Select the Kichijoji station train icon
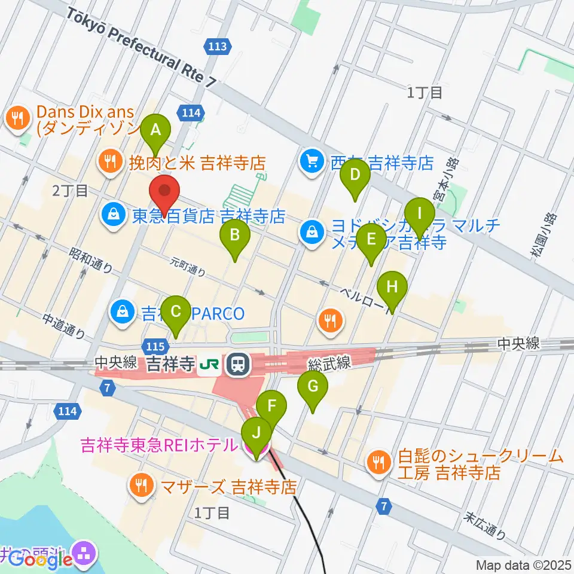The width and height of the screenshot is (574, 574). point(237,363)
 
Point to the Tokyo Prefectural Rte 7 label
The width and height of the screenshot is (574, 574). point(141,48)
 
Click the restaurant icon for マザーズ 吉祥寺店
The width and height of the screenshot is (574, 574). point(141,485)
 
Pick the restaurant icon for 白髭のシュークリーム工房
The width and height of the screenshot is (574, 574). point(378,461)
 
